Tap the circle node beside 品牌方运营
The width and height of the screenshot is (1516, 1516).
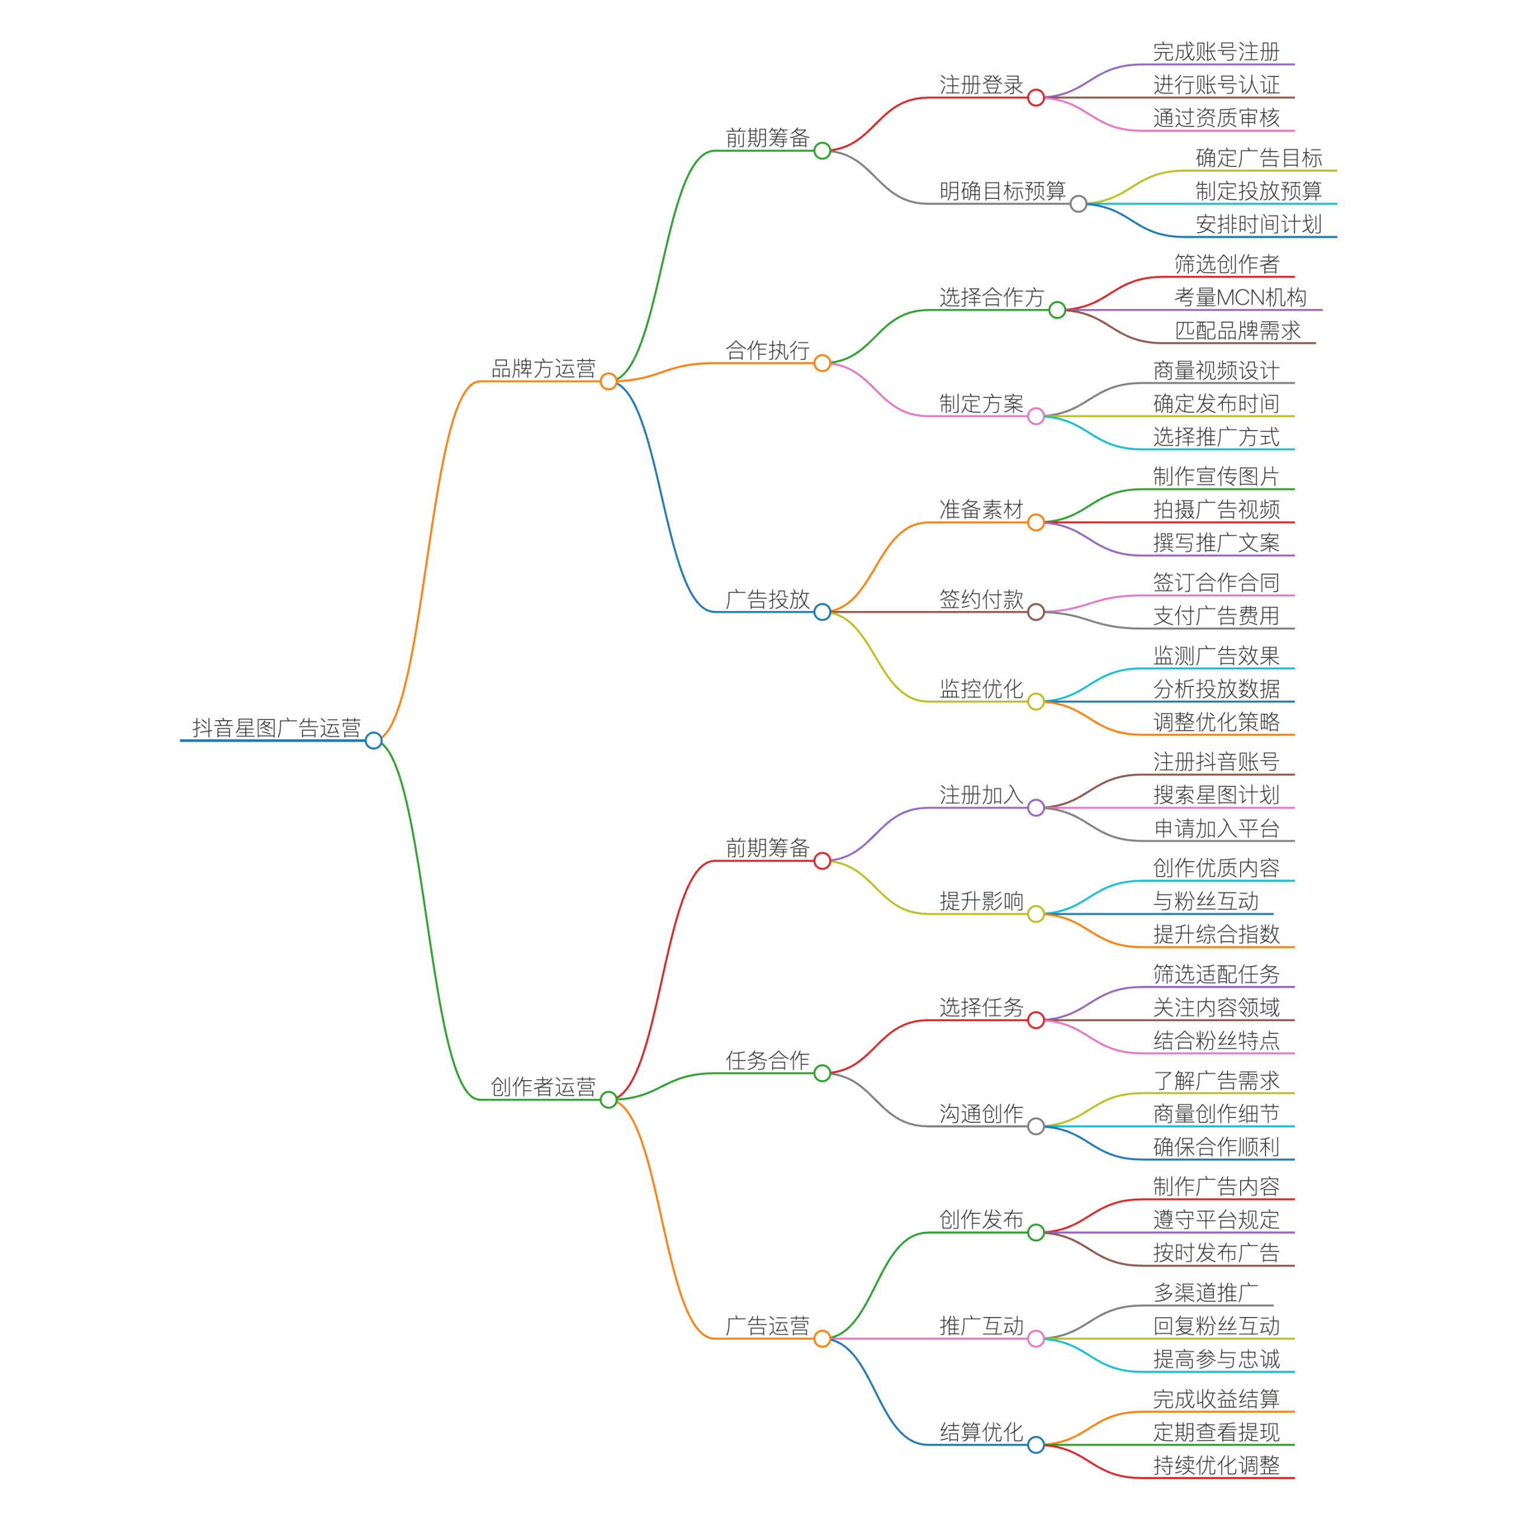pos(608,381)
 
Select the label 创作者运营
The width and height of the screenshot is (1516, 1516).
pos(543,1086)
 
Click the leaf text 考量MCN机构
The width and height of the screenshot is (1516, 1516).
pos(1240,297)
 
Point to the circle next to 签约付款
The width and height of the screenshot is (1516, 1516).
pos(1036,612)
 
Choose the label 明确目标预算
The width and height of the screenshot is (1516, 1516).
pos(1002,191)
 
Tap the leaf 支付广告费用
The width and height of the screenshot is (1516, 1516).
pos(1216,615)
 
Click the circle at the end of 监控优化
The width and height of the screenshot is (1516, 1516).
pos(1036,702)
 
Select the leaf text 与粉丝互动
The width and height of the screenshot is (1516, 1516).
pos(1205,901)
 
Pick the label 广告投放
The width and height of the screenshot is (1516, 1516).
pos(767,599)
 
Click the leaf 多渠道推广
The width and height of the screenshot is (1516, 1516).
pos(1205,1292)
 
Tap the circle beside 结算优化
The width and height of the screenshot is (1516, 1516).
pos(1036,1444)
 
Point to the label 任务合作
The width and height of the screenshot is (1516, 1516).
pos(767,1060)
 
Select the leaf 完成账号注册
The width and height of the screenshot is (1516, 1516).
pos(1216,52)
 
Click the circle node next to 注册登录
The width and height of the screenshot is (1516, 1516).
pos(1036,97)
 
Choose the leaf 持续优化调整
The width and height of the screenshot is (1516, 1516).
pos(1216,1465)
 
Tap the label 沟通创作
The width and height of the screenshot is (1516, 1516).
pos(981,1113)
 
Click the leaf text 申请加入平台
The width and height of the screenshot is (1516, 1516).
pos(1216,828)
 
